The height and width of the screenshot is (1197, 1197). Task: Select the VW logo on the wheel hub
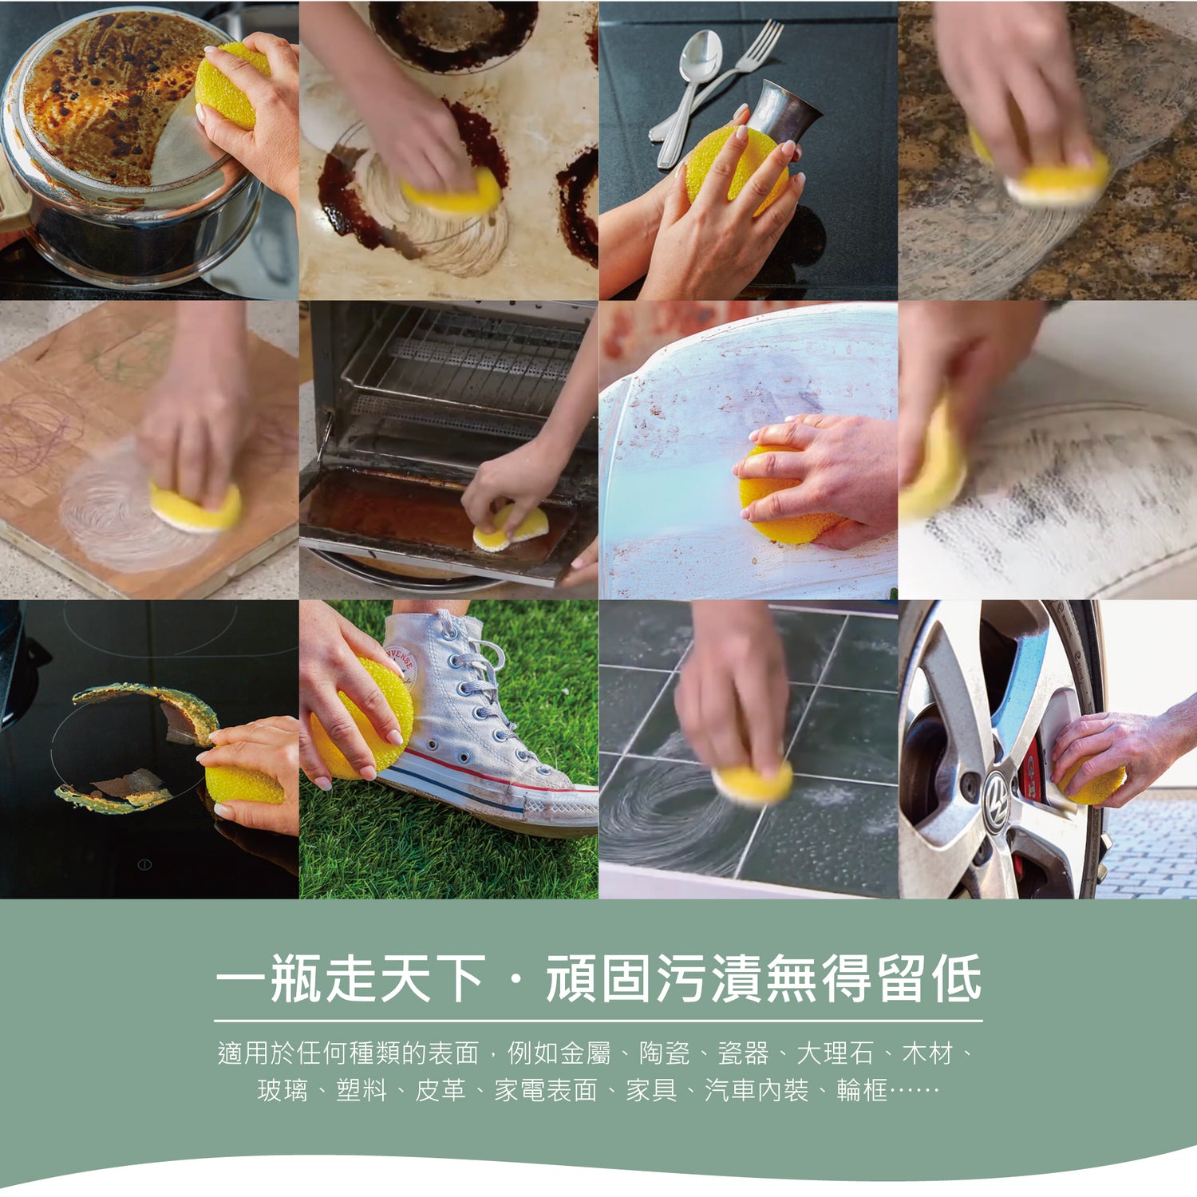tap(997, 791)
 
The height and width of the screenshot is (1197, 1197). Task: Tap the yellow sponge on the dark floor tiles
tap(753, 783)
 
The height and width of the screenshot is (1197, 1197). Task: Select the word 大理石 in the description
tap(835, 1053)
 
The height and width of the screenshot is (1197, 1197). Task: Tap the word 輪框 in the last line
tap(862, 1090)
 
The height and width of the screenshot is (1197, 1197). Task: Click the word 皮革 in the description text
tap(440, 1090)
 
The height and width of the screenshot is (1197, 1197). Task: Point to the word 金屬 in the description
tap(585, 1053)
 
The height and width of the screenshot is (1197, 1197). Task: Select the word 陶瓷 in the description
tap(664, 1053)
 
